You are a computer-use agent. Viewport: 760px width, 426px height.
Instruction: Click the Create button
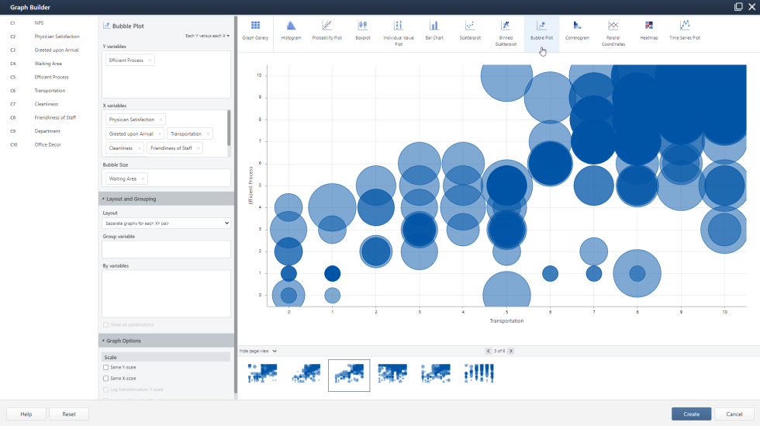[691, 414]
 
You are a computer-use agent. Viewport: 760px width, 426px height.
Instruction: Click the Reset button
[69, 414]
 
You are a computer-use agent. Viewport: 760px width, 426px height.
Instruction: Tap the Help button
[26, 414]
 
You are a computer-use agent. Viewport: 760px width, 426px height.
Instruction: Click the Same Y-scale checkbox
[106, 367]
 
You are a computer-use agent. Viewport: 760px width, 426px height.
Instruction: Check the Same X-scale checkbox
[106, 378]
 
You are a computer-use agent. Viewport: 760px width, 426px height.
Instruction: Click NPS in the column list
[39, 23]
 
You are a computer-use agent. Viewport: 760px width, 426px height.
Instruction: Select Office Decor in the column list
[47, 144]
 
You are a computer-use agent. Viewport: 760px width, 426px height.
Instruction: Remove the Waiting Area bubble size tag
[143, 178]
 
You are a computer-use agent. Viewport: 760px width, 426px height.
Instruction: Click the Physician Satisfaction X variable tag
[131, 119]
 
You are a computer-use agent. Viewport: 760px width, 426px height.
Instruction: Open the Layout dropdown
[166, 223]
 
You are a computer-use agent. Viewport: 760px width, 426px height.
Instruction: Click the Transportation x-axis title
[506, 320]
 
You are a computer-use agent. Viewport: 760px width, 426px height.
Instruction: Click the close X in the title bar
[751, 6]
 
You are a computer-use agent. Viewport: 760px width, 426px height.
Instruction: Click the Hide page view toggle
[258, 351]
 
